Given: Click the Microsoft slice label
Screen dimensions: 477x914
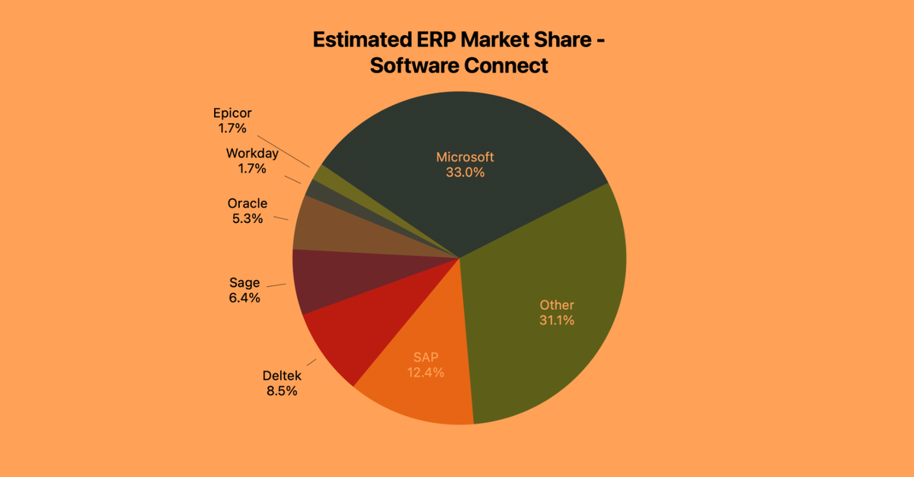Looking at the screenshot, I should click(x=465, y=157).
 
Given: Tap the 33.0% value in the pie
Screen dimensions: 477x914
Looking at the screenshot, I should click(x=465, y=172).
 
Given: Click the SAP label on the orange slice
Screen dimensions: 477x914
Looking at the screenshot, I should click(x=425, y=357).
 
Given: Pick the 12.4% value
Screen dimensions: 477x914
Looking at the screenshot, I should click(x=425, y=372).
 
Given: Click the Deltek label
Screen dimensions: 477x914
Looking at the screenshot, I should click(x=282, y=376).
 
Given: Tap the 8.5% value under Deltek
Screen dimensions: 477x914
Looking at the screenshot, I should click(x=282, y=391).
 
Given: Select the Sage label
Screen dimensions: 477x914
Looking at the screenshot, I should click(x=244, y=283).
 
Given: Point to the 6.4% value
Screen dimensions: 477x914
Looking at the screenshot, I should click(x=244, y=298).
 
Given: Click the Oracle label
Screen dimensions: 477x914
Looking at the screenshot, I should click(x=248, y=203).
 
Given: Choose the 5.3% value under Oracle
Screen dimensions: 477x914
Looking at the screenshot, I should click(x=248, y=218).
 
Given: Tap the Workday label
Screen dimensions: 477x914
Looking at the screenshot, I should click(x=252, y=153).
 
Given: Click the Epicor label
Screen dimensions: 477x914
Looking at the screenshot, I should click(x=232, y=113).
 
